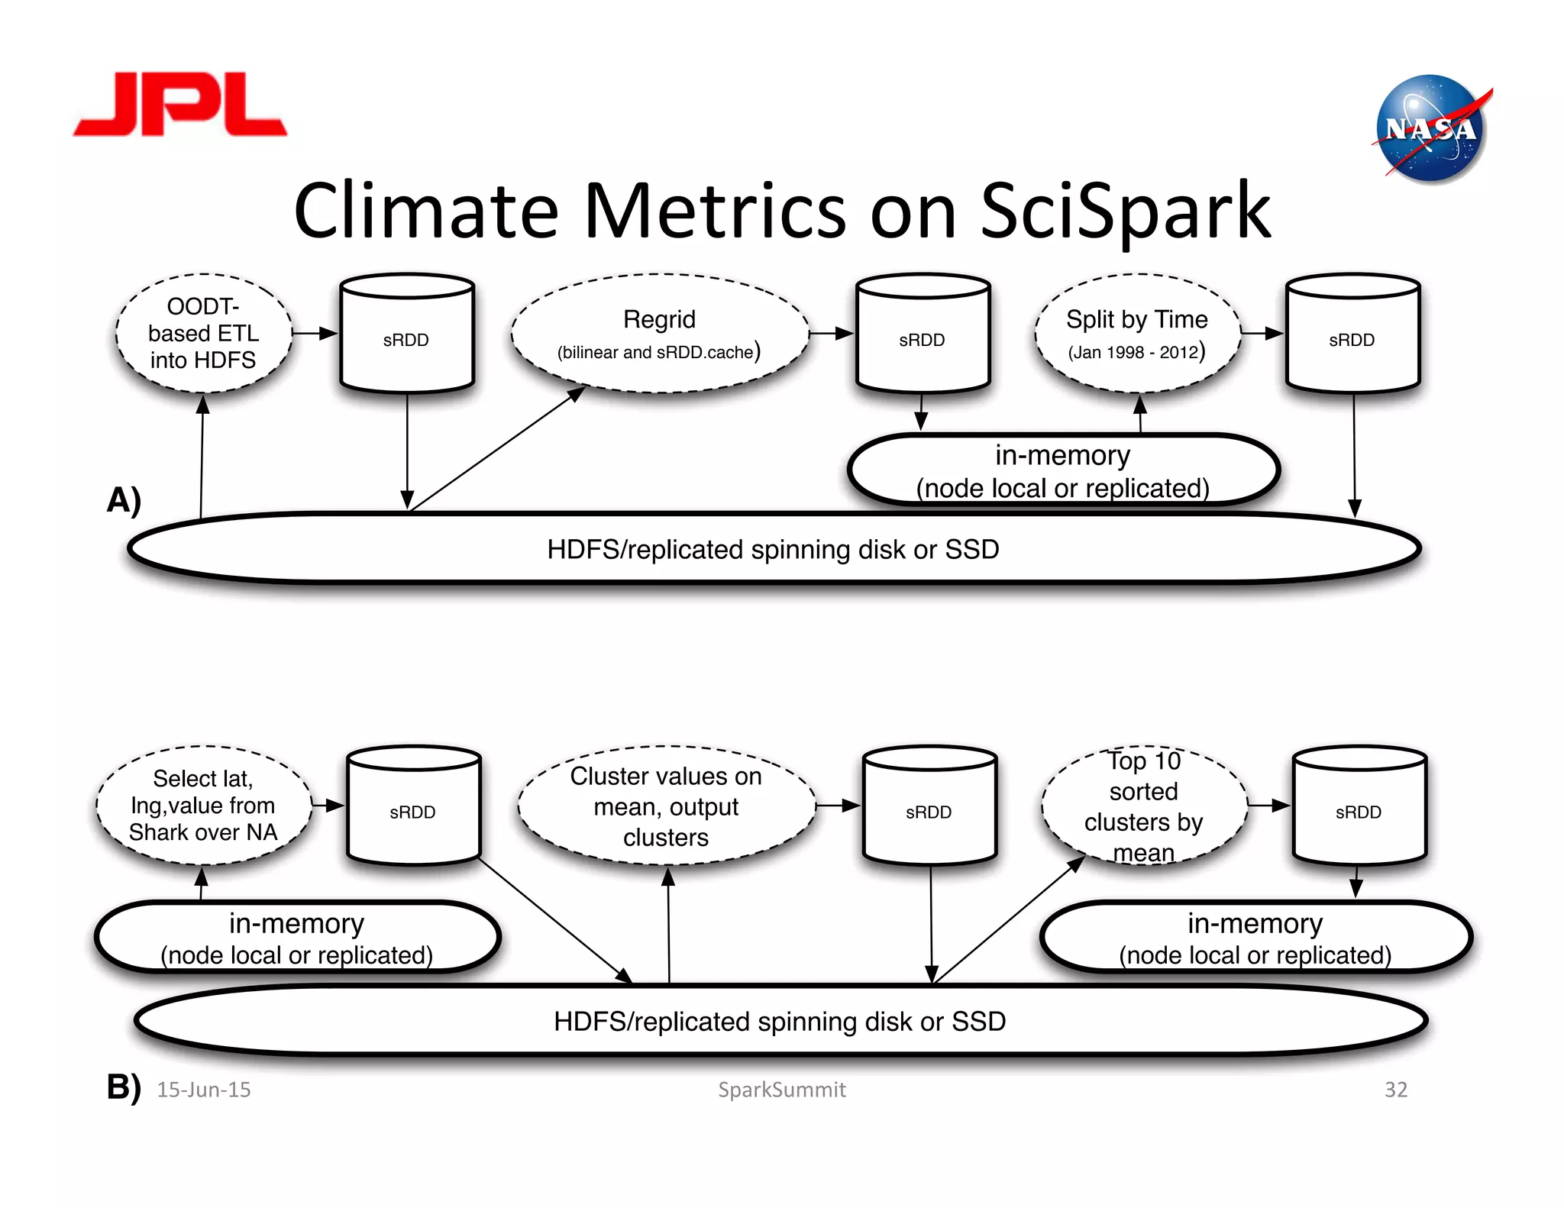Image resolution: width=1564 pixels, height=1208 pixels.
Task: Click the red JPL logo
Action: [179, 105]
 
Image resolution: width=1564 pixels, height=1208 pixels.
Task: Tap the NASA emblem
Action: [1430, 129]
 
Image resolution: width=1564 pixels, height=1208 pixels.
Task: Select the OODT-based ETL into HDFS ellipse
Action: [203, 333]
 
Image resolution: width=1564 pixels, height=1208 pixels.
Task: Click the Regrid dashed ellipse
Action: [659, 333]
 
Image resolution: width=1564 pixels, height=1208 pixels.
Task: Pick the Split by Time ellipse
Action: [1136, 333]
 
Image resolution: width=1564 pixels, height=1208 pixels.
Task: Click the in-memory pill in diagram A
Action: [1062, 470]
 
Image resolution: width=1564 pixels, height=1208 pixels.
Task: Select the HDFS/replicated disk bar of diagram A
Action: [773, 549]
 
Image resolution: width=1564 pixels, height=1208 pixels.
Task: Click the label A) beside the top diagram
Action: [124, 500]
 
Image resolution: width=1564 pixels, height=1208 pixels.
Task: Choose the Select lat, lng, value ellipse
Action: [203, 805]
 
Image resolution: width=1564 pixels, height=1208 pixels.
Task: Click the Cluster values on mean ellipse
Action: [666, 806]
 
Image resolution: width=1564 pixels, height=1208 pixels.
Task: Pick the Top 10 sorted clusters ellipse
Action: [1143, 806]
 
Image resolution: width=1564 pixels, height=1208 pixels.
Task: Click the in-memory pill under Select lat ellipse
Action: [296, 938]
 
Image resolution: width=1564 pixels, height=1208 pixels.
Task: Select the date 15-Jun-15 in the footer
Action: [204, 1090]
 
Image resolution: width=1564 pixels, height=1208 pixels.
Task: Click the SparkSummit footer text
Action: [781, 1090]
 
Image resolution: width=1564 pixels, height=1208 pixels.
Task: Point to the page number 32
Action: [1395, 1090]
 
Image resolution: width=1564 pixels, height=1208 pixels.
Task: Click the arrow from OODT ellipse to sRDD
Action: [314, 333]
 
